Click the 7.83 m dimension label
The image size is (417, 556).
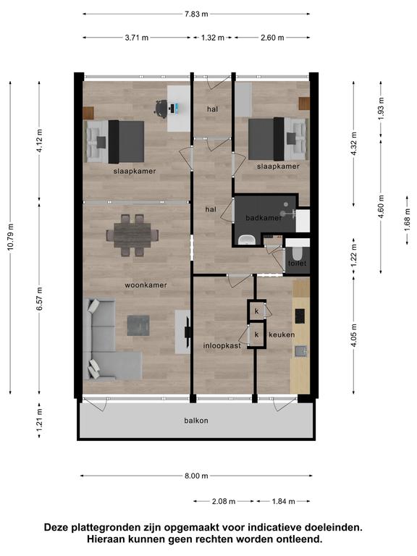[x=196, y=14]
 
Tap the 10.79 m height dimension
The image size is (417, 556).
[x=11, y=237]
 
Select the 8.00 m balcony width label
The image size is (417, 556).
[x=196, y=476]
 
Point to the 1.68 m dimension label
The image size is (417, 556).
[x=408, y=220]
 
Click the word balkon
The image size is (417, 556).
[x=196, y=421]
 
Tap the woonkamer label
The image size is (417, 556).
[x=146, y=285]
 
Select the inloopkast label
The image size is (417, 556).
[x=222, y=346]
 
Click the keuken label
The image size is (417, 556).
[x=282, y=334]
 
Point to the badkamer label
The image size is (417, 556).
[x=264, y=218]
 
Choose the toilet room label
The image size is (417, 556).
[x=297, y=263]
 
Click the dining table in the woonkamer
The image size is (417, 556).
[x=132, y=235]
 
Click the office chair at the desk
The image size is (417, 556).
[x=161, y=108]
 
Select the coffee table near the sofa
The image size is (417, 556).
[x=138, y=326]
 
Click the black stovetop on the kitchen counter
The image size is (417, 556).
[x=300, y=316]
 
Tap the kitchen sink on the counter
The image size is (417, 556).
[x=301, y=351]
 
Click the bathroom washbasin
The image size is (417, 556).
[x=246, y=240]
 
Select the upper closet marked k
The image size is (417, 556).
[x=256, y=311]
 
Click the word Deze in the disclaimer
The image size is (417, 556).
[x=56, y=527]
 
